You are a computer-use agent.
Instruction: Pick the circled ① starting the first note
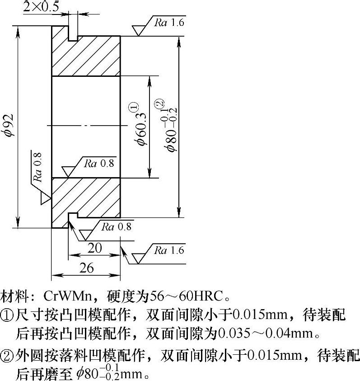coord(7,315)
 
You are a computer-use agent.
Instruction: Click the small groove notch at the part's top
coord(73,33)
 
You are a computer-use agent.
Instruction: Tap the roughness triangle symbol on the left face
coord(45,198)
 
